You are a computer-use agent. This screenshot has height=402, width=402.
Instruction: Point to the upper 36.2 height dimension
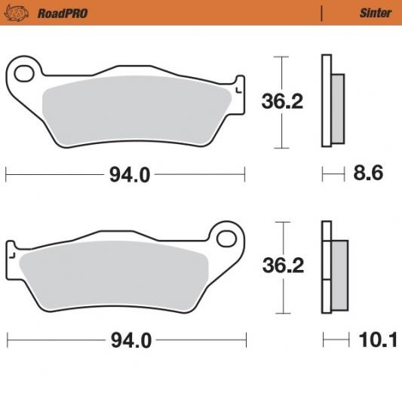coord(282,101)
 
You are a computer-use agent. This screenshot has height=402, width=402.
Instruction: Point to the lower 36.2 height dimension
coord(282,266)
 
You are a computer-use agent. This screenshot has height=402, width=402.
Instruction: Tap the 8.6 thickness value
coord(368,174)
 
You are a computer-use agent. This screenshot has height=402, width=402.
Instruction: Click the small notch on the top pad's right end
coord(241,87)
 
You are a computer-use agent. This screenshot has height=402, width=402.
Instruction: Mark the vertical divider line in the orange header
coord(322,13)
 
